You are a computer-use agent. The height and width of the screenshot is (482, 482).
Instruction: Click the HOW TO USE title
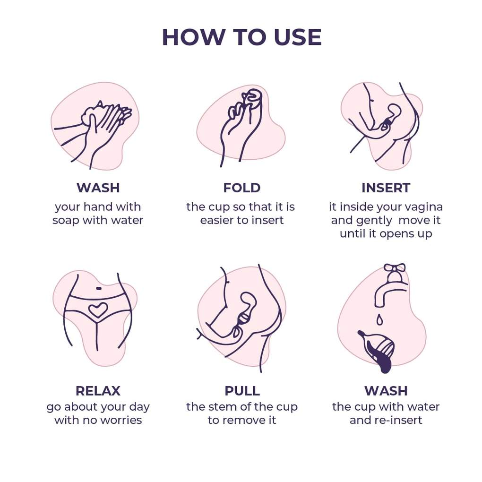[241, 37]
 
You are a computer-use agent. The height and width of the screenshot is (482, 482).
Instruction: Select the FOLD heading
[242, 188]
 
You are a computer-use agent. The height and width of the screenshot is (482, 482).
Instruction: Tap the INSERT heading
[386, 188]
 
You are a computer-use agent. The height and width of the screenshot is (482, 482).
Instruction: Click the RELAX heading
[98, 391]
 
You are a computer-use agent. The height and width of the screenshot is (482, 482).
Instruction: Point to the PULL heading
[242, 391]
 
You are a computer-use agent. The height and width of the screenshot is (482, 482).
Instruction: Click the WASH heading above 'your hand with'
[98, 188]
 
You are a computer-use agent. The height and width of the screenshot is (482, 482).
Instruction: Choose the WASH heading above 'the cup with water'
[386, 391]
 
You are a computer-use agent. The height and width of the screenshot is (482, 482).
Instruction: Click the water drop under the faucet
[380, 320]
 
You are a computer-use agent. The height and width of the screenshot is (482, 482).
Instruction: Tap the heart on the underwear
[98, 310]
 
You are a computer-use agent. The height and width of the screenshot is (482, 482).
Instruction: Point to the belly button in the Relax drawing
[99, 288]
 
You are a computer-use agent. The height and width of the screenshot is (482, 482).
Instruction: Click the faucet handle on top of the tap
[395, 268]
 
